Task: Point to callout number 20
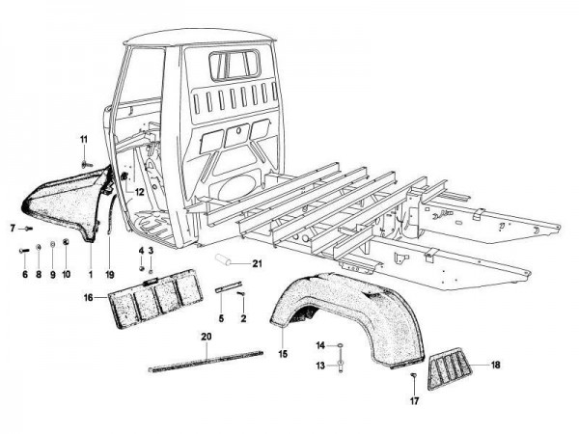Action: pos(205,337)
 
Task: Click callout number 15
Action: pos(284,354)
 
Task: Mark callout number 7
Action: pos(13,229)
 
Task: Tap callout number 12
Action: pos(140,192)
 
